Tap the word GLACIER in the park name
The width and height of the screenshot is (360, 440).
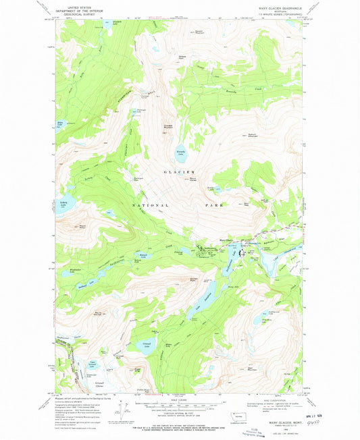178,173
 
